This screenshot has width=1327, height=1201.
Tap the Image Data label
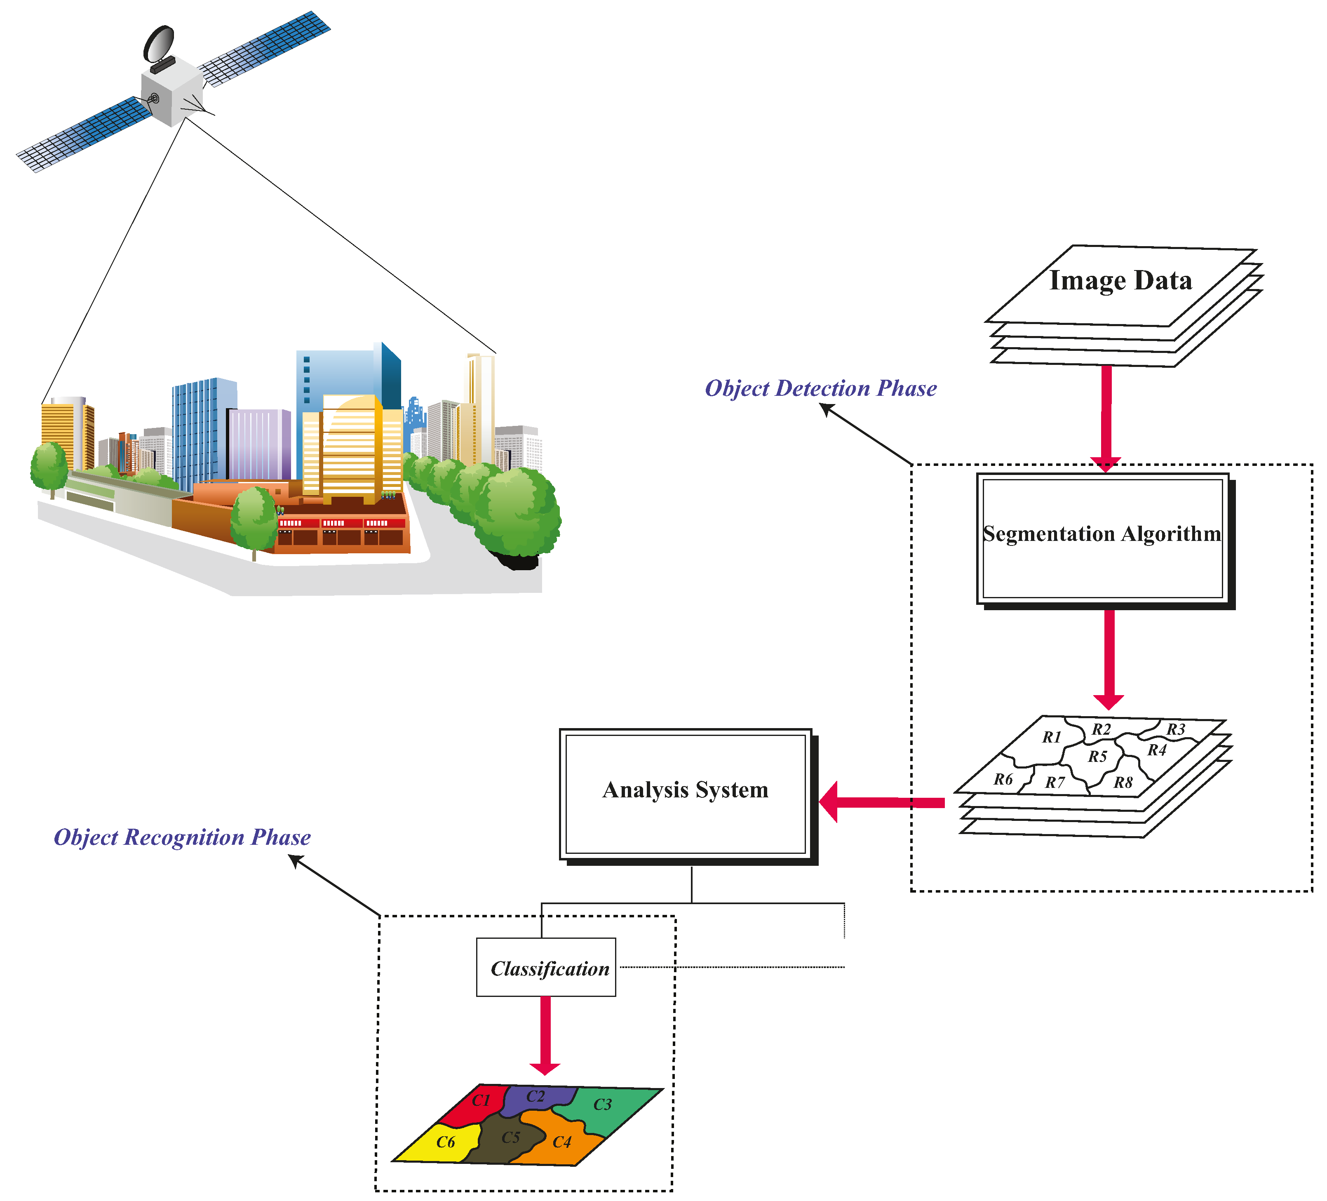(1120, 280)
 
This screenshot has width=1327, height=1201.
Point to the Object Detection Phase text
(821, 388)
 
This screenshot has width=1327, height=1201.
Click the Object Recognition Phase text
(182, 837)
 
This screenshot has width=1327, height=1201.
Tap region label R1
(1052, 738)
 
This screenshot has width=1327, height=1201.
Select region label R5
(1097, 757)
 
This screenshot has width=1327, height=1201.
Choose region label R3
(1176, 730)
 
